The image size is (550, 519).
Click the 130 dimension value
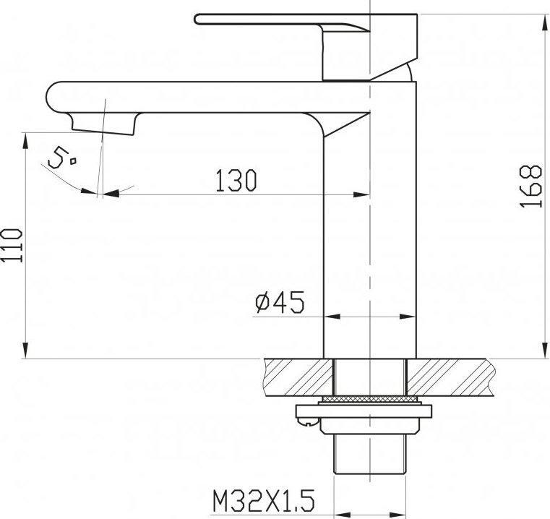coord(236,181)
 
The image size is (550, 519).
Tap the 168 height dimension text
coord(530,186)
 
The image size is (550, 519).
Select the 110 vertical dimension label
coord(12,245)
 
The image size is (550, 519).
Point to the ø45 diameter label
coord(280,301)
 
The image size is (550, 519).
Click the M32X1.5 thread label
coord(263,501)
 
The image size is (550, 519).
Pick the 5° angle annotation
coord(61,158)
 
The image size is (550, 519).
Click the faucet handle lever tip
coord(197,19)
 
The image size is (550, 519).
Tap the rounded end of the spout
coord(53,97)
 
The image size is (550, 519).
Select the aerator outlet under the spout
coord(103,124)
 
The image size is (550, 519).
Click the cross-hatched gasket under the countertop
coord(369,399)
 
